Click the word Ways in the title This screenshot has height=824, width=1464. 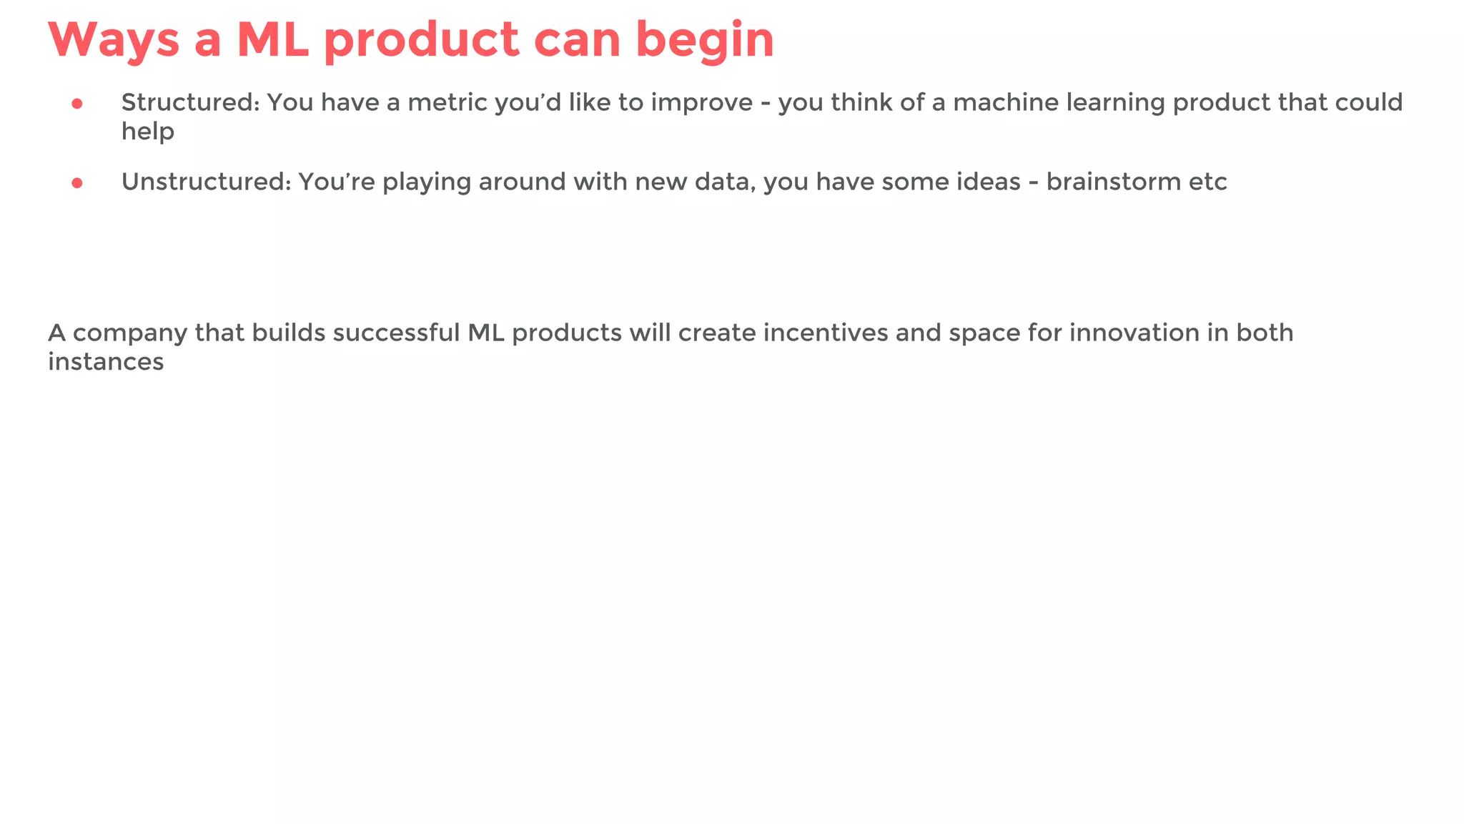tap(114, 40)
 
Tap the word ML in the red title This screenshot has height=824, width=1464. tap(272, 40)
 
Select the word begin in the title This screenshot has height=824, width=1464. tap(704, 41)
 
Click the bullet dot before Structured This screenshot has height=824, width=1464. tap(77, 104)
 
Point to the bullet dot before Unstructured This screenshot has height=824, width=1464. tap(77, 183)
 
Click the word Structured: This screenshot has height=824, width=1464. tap(190, 103)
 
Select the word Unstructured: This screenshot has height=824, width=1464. tap(206, 182)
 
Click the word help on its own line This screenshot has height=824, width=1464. tap(147, 132)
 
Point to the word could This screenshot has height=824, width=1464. tap(1369, 103)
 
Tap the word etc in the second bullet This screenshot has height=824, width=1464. tap(1208, 182)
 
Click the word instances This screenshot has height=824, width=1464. tap(106, 362)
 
